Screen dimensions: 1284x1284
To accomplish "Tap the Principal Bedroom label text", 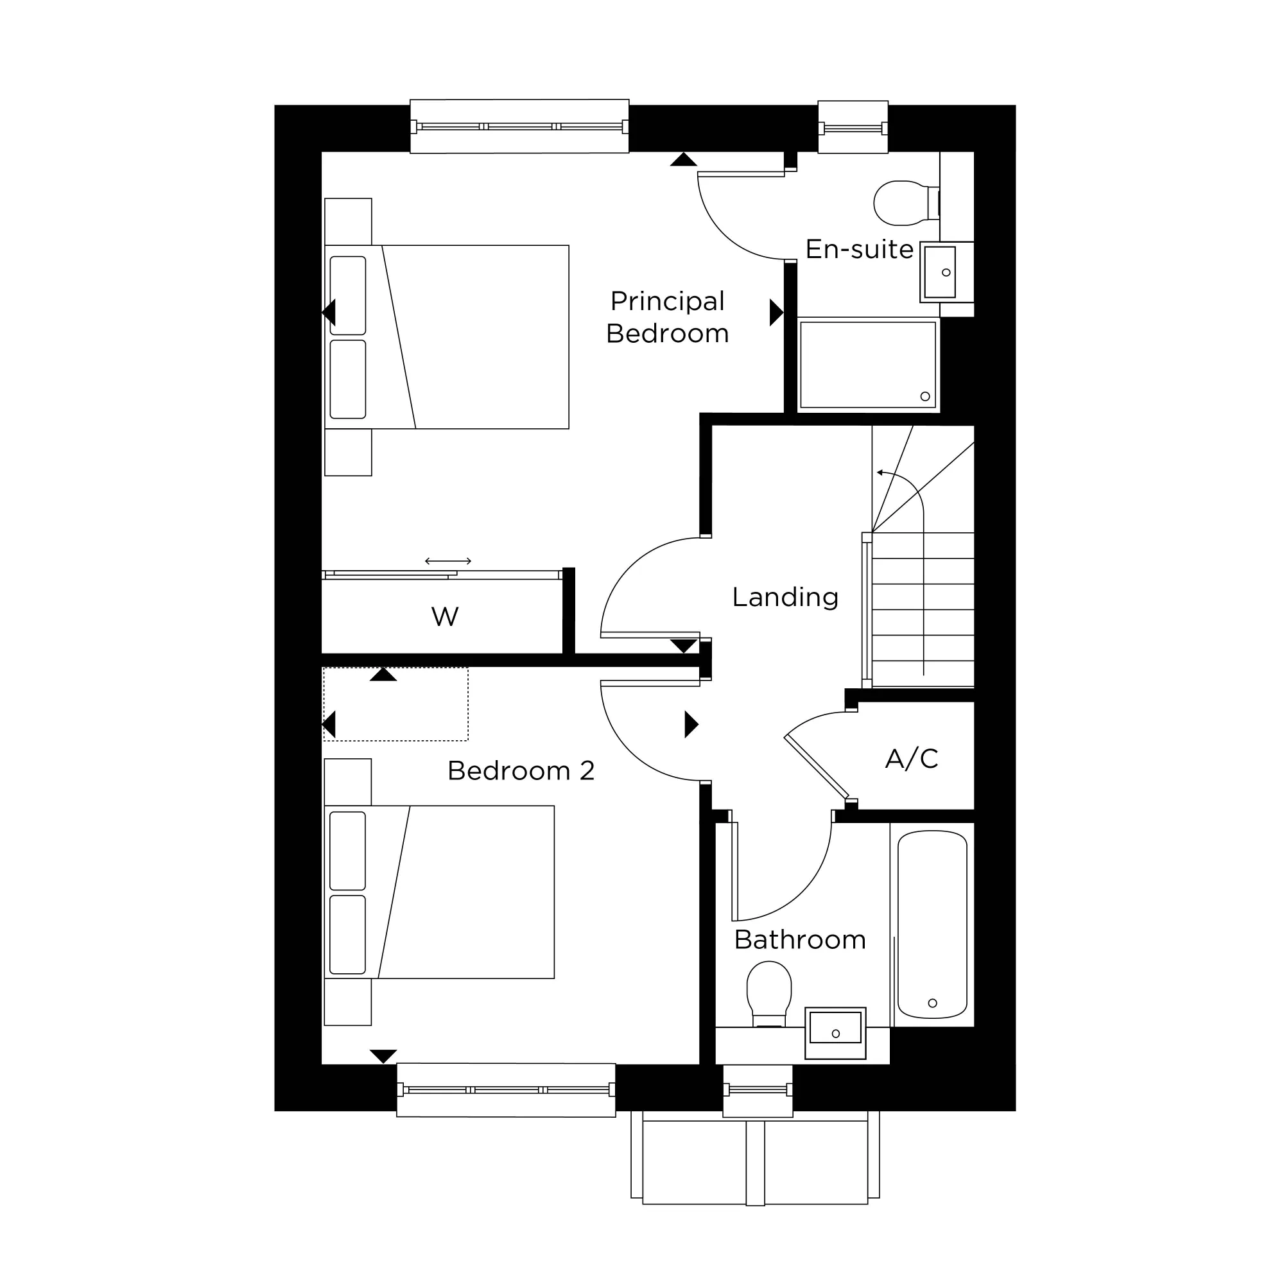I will (x=667, y=317).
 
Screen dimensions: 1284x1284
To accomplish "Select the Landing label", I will (x=785, y=597).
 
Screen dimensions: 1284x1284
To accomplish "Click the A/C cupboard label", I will (x=912, y=758).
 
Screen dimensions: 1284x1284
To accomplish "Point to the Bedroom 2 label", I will (x=521, y=771).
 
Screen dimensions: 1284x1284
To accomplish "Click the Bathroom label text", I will (x=800, y=940).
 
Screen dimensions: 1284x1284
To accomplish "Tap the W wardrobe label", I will (x=445, y=617).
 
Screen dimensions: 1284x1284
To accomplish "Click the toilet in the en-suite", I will (x=901, y=203).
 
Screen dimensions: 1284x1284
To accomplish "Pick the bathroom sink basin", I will (x=835, y=1032).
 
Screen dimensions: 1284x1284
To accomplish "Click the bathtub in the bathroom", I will (x=932, y=924).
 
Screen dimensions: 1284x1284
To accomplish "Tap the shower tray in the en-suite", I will (x=868, y=364).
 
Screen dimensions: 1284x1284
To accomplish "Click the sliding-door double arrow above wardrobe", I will (x=448, y=561).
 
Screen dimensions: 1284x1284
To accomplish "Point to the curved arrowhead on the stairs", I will (x=881, y=473).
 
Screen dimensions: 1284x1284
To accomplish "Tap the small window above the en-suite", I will (x=853, y=128).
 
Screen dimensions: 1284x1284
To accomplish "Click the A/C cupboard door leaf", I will (x=817, y=767).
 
